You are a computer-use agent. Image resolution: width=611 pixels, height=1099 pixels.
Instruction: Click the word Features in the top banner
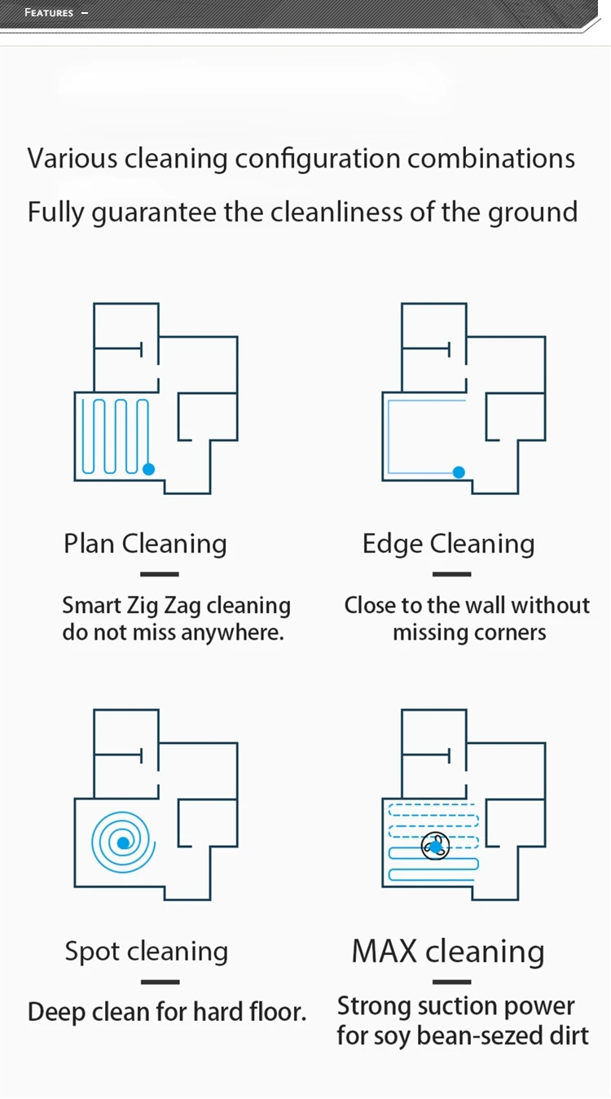49,13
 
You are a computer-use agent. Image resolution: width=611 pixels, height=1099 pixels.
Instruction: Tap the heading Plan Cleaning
145,544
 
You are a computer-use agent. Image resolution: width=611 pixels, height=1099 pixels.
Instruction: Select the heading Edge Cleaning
448,544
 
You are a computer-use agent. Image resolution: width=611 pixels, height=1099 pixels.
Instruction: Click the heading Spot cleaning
146,951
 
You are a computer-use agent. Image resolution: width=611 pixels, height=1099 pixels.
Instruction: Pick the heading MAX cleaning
448,951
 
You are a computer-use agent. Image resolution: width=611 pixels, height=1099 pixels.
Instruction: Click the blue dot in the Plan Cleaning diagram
148,469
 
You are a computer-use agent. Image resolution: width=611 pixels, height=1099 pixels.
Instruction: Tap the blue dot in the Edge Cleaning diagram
459,471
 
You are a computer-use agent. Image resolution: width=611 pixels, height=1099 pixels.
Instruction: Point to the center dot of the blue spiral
122,843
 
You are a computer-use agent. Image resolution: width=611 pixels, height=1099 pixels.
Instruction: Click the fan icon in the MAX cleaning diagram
435,847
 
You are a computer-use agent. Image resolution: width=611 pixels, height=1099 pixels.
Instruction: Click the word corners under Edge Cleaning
512,633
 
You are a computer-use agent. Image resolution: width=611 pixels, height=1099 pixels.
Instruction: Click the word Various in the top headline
73,158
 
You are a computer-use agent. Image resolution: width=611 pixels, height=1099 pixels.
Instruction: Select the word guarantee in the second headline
155,212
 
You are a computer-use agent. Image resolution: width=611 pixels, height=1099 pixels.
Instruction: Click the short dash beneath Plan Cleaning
160,574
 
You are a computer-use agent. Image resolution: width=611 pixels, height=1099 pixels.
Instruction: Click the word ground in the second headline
533,212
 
